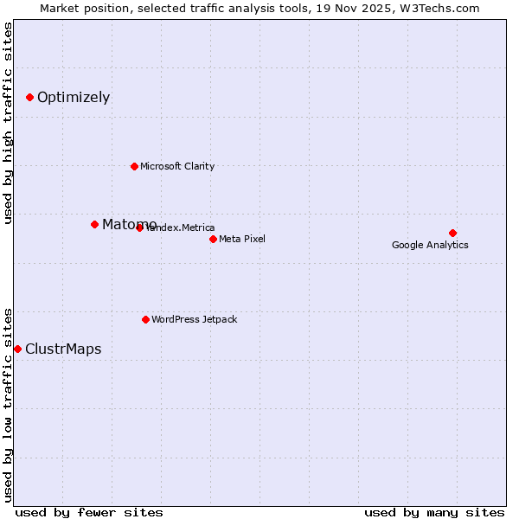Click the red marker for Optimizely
tap(29, 97)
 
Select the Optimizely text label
tap(74, 98)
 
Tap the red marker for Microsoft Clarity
tap(134, 166)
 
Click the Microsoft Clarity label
tap(177, 166)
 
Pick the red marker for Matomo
tap(94, 224)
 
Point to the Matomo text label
tap(129, 225)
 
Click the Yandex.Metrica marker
tap(139, 227)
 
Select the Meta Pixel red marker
tap(213, 239)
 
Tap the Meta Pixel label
tap(242, 239)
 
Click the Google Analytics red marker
tap(452, 233)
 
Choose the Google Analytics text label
tap(430, 245)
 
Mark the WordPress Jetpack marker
tap(145, 319)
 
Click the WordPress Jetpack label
tap(194, 319)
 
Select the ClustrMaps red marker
tap(17, 349)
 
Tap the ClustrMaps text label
tap(63, 349)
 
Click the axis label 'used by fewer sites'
tap(89, 512)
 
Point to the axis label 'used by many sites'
tap(434, 512)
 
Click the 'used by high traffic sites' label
tap(9, 123)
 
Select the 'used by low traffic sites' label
tap(9, 404)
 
